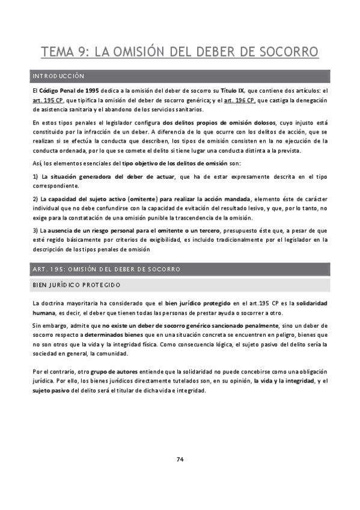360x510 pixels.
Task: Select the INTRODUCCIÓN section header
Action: pyautogui.click(x=58, y=76)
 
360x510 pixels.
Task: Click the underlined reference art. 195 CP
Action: pyautogui.click(x=47, y=99)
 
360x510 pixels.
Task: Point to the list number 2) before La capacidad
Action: pyautogui.click(x=35, y=199)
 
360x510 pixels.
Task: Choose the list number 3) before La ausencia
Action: pyautogui.click(x=35, y=230)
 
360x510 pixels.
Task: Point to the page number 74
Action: pyautogui.click(x=180, y=459)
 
